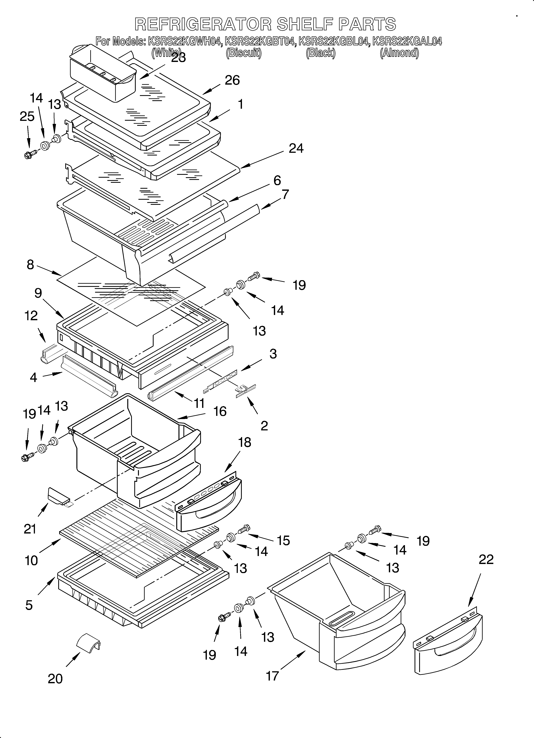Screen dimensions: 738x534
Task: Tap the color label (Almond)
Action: pyautogui.click(x=399, y=53)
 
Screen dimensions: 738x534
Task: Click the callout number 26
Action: pyautogui.click(x=232, y=80)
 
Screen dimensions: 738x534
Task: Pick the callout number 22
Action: pyautogui.click(x=486, y=559)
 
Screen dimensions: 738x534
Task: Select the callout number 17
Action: pyautogui.click(x=273, y=676)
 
